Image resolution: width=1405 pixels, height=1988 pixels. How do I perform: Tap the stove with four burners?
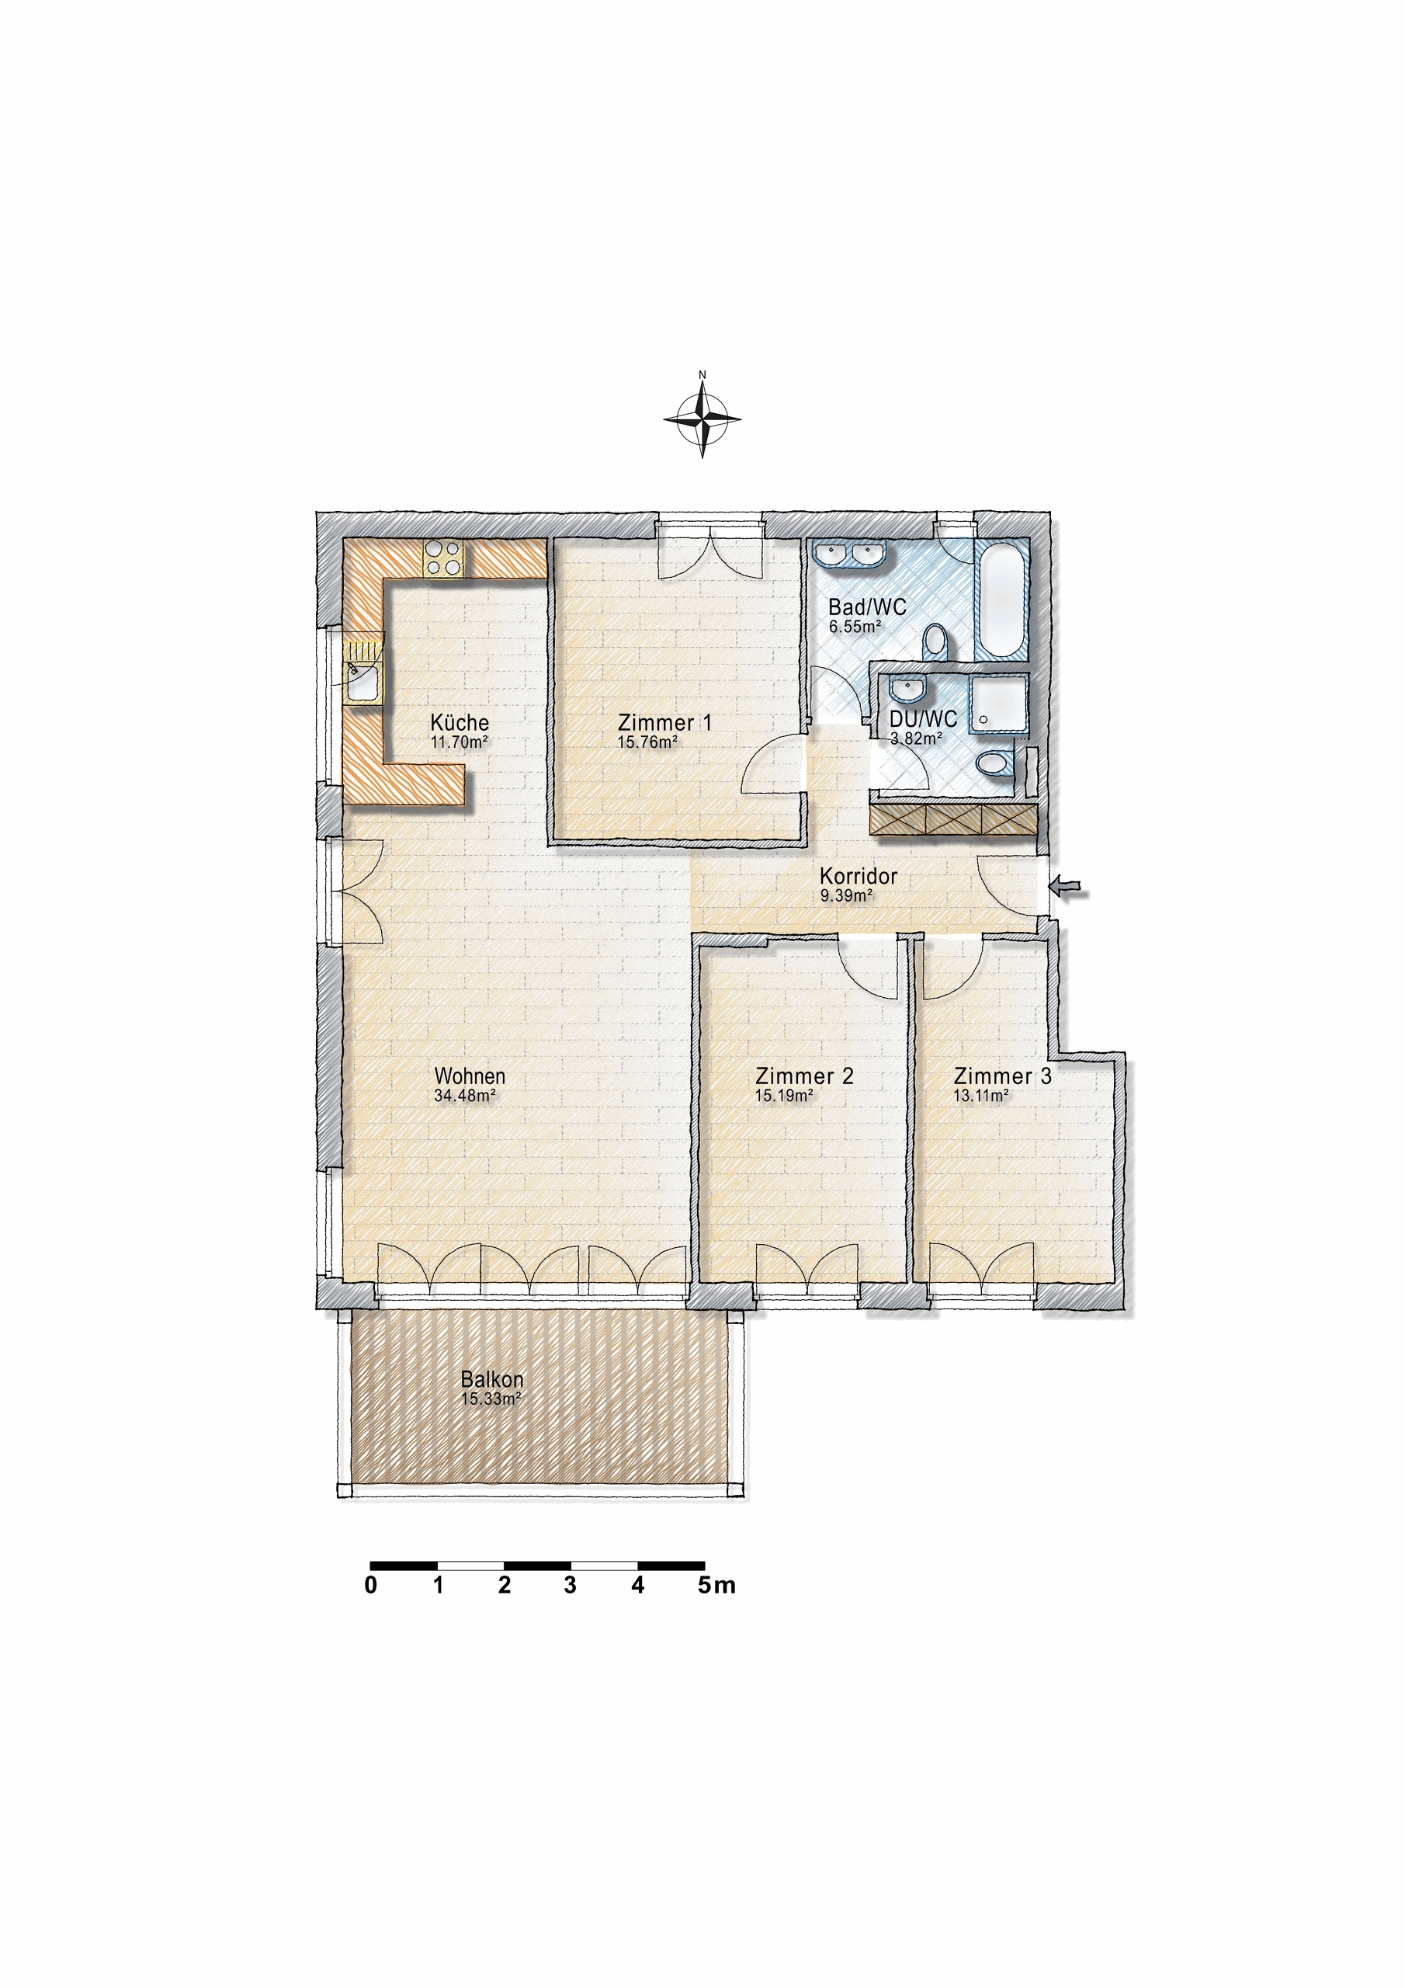click(x=442, y=558)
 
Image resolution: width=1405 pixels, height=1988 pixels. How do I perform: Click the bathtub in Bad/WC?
click(x=1001, y=600)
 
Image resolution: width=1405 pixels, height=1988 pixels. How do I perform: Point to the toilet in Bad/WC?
click(x=934, y=641)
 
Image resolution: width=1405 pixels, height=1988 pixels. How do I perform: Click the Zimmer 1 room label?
click(x=664, y=722)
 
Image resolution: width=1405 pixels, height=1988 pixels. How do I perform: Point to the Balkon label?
click(x=491, y=1379)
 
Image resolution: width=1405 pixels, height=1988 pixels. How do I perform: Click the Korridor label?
click(x=858, y=876)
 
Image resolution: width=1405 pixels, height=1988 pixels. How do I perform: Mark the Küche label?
click(x=460, y=722)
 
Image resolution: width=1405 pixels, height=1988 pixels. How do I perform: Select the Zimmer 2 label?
click(x=803, y=1076)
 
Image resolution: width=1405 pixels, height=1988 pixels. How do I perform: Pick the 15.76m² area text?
click(x=647, y=742)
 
